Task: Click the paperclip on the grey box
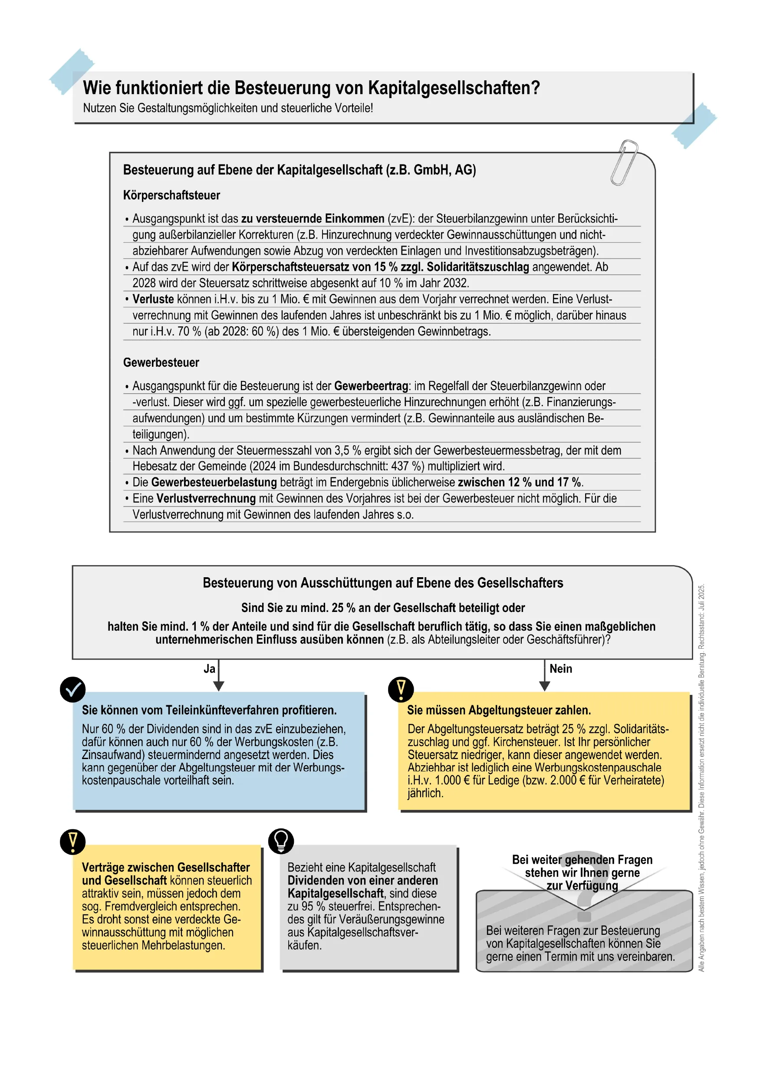click(x=624, y=162)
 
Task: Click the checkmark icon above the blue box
click(x=73, y=690)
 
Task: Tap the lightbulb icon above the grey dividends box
click(x=281, y=841)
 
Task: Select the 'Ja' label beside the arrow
click(x=209, y=669)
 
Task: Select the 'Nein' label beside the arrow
click(x=560, y=669)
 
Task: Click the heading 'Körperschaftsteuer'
click(x=171, y=195)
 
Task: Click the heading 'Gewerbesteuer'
click(x=161, y=362)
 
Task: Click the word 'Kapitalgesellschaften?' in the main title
click(x=454, y=88)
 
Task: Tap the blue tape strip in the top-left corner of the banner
click(x=72, y=71)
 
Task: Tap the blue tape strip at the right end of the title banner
click(x=694, y=125)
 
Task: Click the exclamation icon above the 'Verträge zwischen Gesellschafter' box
click(x=73, y=842)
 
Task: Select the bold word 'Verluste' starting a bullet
click(x=153, y=299)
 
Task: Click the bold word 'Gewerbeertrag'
click(x=371, y=386)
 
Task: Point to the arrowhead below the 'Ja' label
click(x=218, y=686)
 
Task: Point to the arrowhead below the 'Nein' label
click(x=544, y=686)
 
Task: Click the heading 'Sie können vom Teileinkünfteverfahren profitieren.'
click(x=209, y=710)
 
